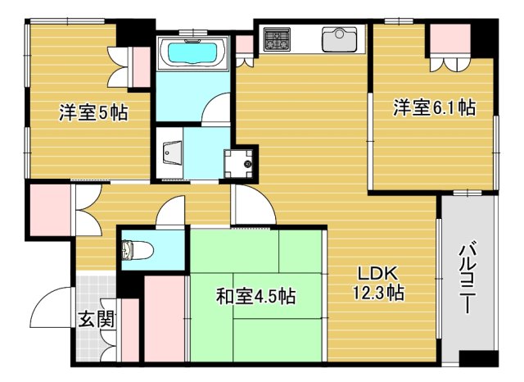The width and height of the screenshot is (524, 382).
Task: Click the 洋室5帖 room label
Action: pos(93,113)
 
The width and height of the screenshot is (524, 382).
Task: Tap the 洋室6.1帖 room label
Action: pos(434,107)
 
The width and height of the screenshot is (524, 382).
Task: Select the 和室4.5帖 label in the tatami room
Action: pos(256,296)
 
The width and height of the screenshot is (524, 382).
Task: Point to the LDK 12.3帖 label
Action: pos(377,283)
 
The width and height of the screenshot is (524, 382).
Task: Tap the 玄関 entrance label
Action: pos(96,318)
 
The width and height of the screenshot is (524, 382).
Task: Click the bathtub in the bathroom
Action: pos(194,52)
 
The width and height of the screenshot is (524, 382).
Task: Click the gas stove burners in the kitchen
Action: pos(277,38)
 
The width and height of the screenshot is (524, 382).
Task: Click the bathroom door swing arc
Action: pos(217,107)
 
